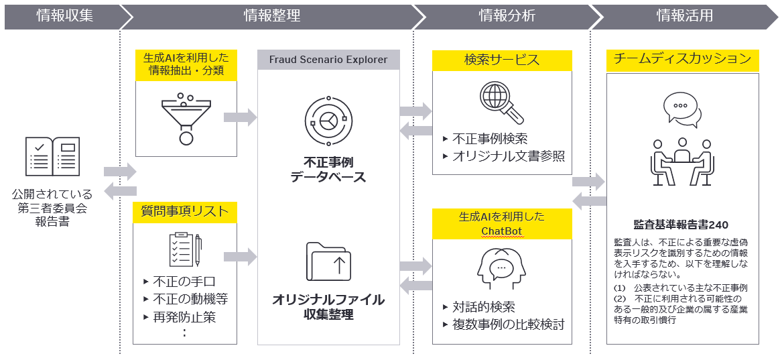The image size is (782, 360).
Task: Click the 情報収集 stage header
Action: pos(65,15)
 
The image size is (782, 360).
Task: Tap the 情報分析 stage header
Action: pos(507,15)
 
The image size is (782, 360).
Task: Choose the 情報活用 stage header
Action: pos(684,15)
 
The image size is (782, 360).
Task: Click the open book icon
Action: pos(52,156)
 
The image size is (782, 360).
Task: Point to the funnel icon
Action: pos(186,118)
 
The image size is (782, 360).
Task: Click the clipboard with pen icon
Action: pos(185,249)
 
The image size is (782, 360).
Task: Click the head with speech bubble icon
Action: pos(501,268)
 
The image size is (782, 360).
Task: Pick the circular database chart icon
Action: pos(328,121)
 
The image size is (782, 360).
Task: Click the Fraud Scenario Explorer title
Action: pos(328,60)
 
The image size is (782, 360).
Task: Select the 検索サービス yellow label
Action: pos(502,60)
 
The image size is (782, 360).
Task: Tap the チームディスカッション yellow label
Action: pos(682,60)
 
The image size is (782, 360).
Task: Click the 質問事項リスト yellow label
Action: pos(185,213)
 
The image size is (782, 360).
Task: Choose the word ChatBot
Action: pos(502,231)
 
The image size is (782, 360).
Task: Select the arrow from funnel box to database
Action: pos(240,117)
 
